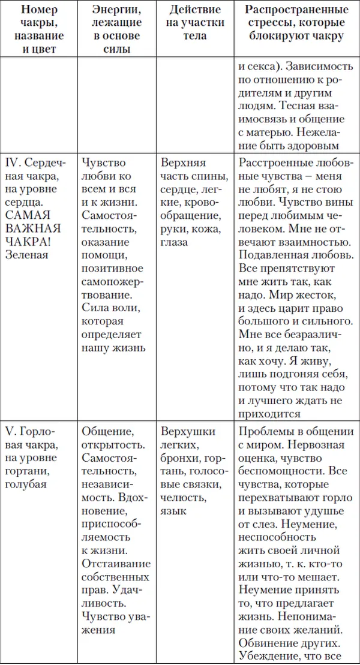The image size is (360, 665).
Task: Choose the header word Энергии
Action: (116, 10)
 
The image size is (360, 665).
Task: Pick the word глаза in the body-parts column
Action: (174, 242)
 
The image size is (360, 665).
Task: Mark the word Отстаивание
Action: (115, 564)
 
